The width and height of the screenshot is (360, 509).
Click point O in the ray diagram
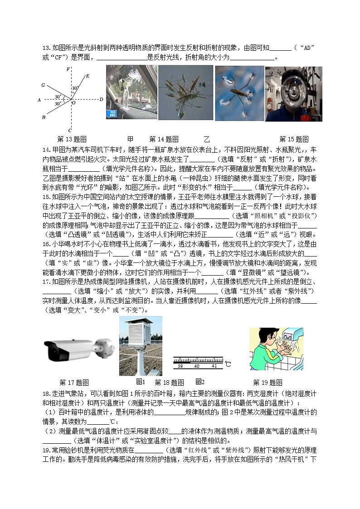[x=73, y=102]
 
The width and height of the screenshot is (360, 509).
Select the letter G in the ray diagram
[x=43, y=85]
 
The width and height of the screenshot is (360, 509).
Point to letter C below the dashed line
[x=69, y=130]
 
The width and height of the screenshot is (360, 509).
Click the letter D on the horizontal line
[x=101, y=99]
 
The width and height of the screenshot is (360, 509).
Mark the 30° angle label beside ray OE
[x=74, y=88]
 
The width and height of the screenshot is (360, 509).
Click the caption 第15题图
[x=294, y=139]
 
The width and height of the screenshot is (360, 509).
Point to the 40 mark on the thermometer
[x=196, y=366]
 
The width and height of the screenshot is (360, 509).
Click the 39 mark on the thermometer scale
[x=180, y=366]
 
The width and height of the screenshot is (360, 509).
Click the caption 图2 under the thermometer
[x=200, y=382]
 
